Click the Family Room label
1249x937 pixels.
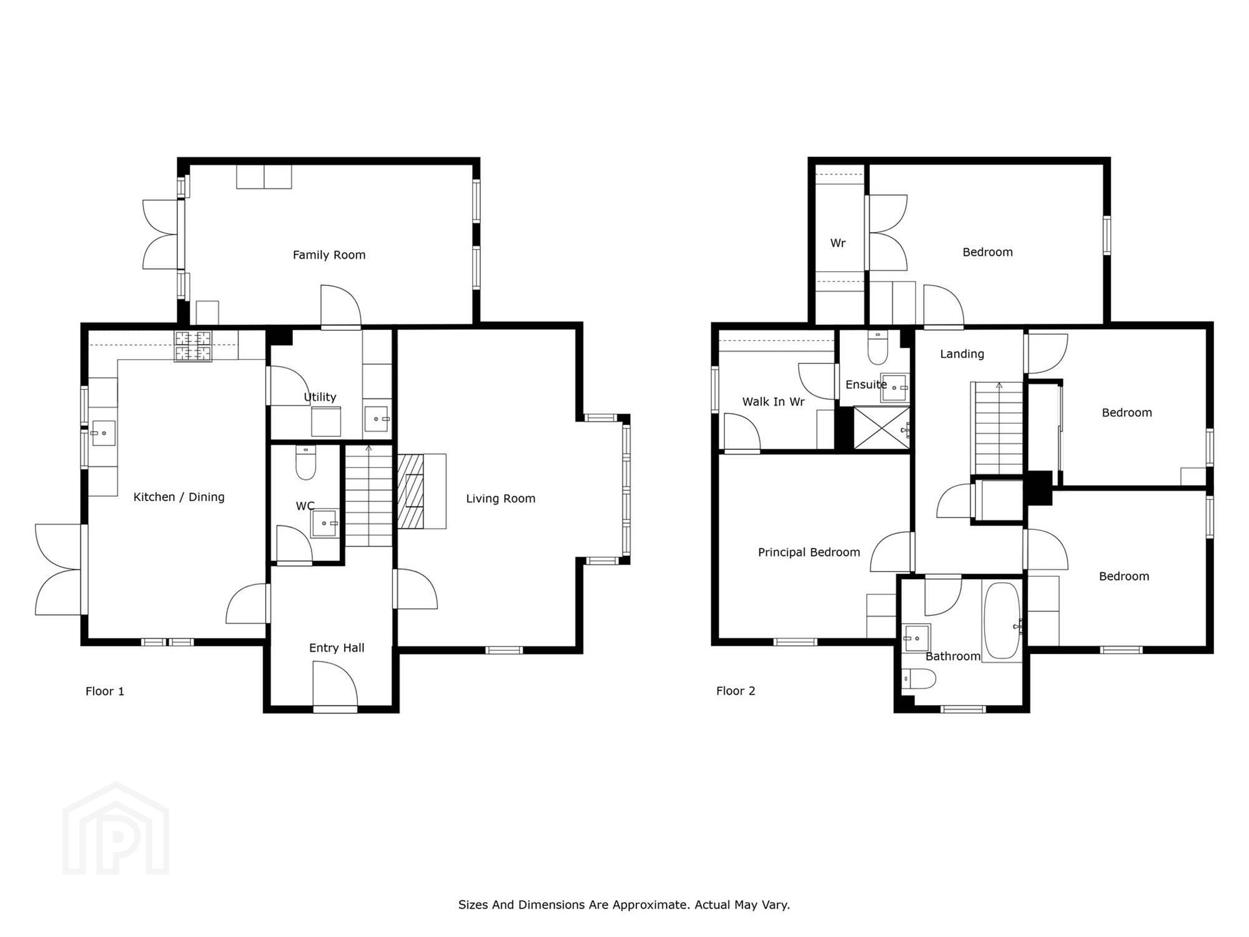click(x=329, y=255)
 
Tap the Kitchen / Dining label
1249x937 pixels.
click(x=179, y=497)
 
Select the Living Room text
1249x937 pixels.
click(x=501, y=498)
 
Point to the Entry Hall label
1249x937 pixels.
click(x=337, y=648)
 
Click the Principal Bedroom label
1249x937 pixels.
click(x=809, y=552)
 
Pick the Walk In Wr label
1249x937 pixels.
click(x=773, y=402)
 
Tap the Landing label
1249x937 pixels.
click(x=962, y=354)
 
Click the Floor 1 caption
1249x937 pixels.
click(x=105, y=691)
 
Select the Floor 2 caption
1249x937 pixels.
click(x=736, y=691)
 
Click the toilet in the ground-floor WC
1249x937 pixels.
click(x=305, y=462)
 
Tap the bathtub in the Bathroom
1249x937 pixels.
click(x=1002, y=620)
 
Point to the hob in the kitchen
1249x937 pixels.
click(x=192, y=347)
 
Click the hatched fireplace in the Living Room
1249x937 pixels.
click(x=411, y=492)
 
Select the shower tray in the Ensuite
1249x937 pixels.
click(x=881, y=427)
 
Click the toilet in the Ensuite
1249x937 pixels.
click(x=877, y=347)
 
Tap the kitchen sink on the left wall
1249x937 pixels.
click(x=104, y=433)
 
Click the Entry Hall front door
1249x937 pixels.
click(x=335, y=687)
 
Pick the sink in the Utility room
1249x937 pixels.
click(x=377, y=419)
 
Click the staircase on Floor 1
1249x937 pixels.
click(x=369, y=496)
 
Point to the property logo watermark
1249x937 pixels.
click(x=116, y=828)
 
